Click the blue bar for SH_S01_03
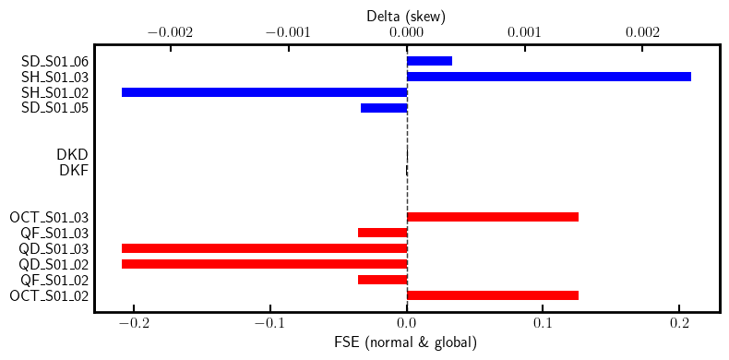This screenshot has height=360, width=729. click(x=548, y=77)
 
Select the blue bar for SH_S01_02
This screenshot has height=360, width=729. click(x=264, y=92)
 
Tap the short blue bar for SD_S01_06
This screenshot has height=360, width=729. click(x=429, y=61)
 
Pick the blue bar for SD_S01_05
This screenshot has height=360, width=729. click(x=383, y=108)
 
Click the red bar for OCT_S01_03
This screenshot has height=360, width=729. click(x=492, y=217)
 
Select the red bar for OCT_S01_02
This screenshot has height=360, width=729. click(x=492, y=295)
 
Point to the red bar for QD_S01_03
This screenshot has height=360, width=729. click(x=264, y=248)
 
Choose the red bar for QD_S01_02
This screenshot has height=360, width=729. click(x=264, y=264)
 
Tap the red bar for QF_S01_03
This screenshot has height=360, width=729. click(x=382, y=233)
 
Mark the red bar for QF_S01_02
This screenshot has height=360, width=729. click(x=382, y=280)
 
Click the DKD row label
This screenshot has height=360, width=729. click(x=72, y=154)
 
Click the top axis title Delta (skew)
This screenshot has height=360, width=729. click(x=406, y=16)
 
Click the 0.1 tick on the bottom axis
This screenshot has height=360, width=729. click(x=543, y=325)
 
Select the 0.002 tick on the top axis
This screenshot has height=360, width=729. click(x=642, y=32)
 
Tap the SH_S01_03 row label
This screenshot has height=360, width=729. click(x=54, y=77)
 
